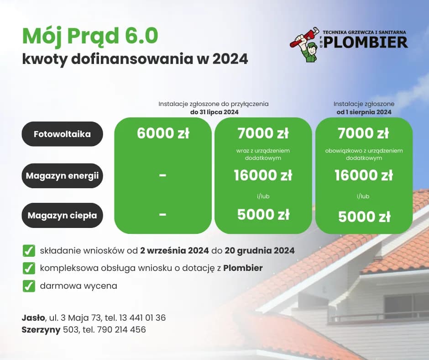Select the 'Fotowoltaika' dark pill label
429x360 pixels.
coord(62,134)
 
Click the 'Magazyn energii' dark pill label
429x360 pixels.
coord(62,175)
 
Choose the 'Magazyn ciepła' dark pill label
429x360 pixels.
coord(62,215)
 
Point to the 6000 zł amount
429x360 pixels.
coord(163,133)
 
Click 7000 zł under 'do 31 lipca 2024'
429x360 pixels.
coord(263,133)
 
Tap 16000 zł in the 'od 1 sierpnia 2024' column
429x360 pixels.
coord(364,175)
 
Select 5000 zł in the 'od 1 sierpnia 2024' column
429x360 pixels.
coord(364,217)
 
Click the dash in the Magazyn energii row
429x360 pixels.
coord(163,175)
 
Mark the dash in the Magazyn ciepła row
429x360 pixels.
coord(163,215)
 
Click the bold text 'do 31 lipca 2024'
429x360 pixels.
coord(214,112)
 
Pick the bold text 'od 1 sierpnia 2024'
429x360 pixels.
coord(364,112)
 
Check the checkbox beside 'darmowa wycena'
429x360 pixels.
coord(29,286)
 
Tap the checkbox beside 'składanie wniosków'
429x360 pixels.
coord(29,250)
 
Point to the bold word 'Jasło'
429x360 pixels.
coord(33,318)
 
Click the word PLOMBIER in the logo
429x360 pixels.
coord(365,42)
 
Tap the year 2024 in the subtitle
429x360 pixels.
coord(230,59)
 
